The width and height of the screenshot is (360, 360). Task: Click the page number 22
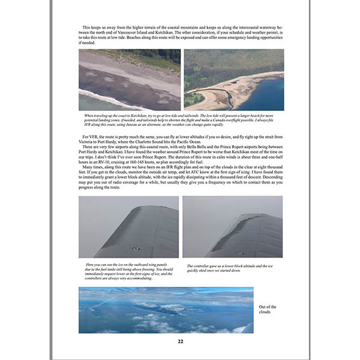[x=180, y=341]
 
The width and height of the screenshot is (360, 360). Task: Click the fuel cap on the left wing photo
[x=136, y=248]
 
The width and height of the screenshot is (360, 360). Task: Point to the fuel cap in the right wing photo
[x=241, y=253]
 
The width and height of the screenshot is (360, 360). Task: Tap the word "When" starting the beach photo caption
[x=91, y=115]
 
